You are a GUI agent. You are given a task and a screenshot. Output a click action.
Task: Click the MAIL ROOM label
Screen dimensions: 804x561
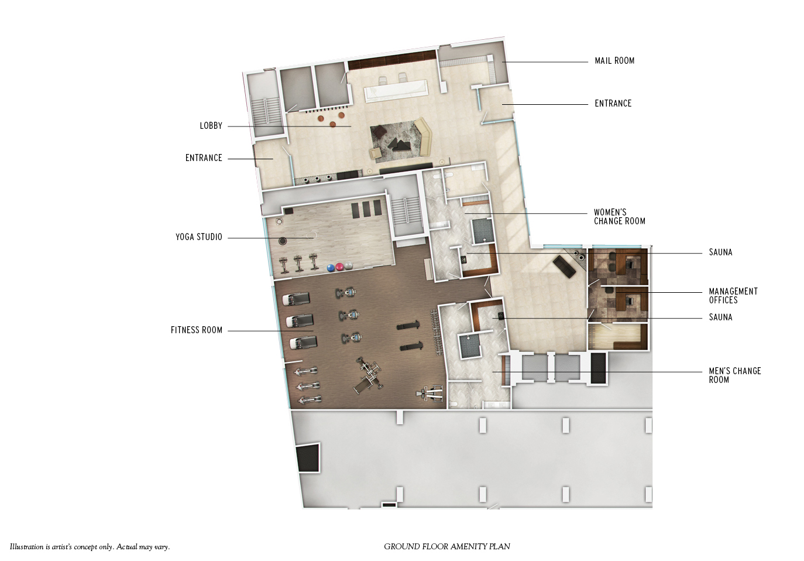pos(614,61)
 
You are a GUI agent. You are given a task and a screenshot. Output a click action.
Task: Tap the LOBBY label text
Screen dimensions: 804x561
pos(211,126)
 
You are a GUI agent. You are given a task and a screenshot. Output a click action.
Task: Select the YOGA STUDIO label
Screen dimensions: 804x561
pos(199,237)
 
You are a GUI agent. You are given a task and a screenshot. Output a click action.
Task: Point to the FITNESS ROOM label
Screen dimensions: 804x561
pos(197,330)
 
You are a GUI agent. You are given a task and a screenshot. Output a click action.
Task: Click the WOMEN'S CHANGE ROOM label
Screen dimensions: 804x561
pos(620,217)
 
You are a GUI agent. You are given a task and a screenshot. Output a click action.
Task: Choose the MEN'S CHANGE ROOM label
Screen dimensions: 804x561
pos(735,375)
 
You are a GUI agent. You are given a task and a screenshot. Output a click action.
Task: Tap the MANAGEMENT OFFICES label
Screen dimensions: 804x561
pos(733,296)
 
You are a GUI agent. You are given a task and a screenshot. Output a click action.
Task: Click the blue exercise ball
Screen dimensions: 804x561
pos(331,268)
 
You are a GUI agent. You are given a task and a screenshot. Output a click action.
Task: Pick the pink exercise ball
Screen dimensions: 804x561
pos(339,267)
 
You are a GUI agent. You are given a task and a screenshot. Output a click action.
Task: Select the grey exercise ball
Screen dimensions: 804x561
pos(349,266)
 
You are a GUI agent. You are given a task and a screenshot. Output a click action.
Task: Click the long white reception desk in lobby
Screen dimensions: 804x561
pos(396,91)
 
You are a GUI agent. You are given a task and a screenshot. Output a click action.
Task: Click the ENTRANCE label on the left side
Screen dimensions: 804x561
pos(204,158)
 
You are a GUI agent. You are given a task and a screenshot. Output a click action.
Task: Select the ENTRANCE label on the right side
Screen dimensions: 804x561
pos(613,104)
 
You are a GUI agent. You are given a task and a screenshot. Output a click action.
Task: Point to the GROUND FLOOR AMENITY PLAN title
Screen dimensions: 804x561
pos(447,546)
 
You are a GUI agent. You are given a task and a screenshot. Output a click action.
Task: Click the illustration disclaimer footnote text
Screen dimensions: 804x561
pos(90,547)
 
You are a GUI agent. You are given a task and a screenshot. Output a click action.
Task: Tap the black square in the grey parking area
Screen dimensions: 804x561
pos(308,458)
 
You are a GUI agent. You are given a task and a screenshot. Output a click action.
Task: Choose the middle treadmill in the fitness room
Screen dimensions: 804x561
pos(300,320)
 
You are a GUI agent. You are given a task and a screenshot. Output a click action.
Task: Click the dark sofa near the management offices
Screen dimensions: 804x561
pos(565,266)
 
